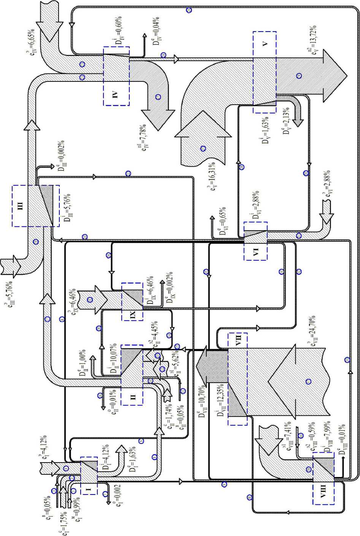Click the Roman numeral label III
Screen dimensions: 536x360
click(x=21, y=206)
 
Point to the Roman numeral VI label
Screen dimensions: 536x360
click(x=255, y=251)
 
